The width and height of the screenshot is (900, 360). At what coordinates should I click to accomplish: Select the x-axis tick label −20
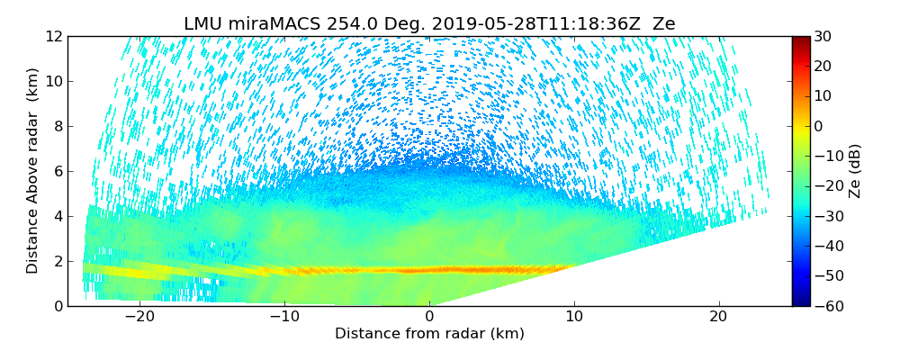point(139,317)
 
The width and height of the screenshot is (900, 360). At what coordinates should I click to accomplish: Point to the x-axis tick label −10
point(283,317)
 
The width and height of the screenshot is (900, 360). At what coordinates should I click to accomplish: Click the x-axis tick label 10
point(573,317)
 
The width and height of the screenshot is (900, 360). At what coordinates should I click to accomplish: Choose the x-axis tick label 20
point(717,317)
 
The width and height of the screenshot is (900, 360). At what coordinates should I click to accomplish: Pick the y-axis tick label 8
point(58,127)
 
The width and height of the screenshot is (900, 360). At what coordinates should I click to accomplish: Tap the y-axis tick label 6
point(58,172)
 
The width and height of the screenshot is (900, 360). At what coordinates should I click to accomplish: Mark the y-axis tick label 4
point(58,217)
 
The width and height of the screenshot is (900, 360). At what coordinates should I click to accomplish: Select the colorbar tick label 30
point(823,37)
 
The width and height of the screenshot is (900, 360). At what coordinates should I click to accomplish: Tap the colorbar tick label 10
point(823,96)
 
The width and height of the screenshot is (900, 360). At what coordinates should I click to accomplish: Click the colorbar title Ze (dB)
point(855,171)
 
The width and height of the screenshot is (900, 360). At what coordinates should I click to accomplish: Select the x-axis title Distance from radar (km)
point(429,334)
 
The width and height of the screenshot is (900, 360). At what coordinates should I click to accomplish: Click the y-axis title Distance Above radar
point(32,171)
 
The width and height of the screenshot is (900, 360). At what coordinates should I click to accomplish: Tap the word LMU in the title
point(202,24)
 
